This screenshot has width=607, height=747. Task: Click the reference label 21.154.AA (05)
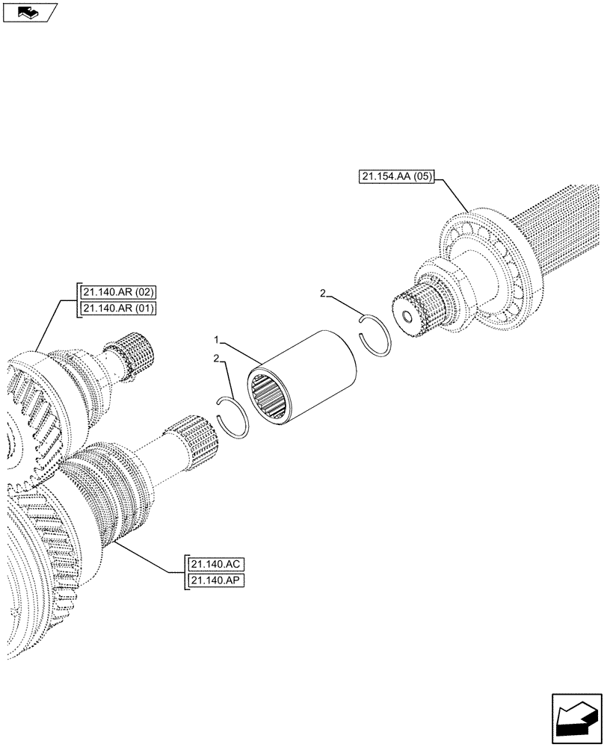coord(395,178)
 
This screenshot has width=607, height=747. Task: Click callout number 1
coord(217,339)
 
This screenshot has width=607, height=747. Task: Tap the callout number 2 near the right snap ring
coord(323,294)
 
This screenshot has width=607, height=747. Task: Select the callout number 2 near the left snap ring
coord(216,359)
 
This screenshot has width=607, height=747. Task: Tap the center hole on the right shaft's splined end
coord(407,318)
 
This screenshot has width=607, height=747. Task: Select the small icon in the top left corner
coord(29,12)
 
